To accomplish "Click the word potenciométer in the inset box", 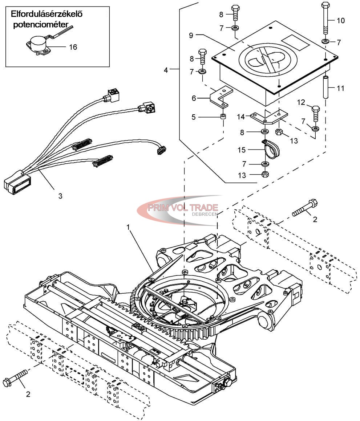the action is pos(41,24).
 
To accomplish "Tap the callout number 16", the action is pos(73,47).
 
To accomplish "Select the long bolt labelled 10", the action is pos(325,19).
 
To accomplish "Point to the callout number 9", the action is pos(191,36).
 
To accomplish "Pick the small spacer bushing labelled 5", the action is pos(223,117).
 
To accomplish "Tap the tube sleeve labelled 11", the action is pos(325,87).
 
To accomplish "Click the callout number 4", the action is pos(166,70).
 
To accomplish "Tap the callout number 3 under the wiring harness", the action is pos(60,196).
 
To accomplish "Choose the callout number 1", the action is pos(129,227).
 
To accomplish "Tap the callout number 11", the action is pos(340,88).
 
